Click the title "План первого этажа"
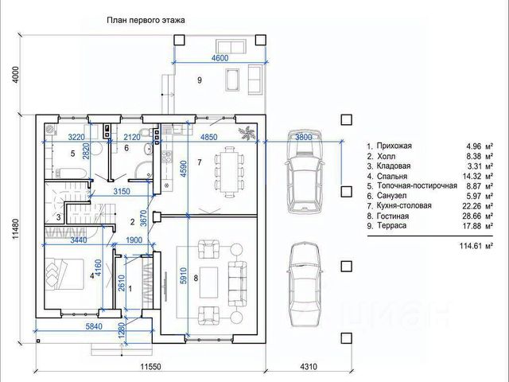[146, 20]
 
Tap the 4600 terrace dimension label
[220, 58]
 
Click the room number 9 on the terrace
[200, 80]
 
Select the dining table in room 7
[229, 172]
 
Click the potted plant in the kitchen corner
[247, 133]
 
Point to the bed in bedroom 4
[64, 273]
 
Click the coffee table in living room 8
[208, 283]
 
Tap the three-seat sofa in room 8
[237, 283]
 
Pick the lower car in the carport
[305, 284]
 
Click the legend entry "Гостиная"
[393, 216]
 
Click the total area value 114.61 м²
[476, 246]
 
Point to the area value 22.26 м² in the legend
[478, 206]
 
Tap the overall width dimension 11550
[150, 367]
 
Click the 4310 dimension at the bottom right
[309, 367]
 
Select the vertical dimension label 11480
[16, 228]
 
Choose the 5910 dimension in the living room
[184, 276]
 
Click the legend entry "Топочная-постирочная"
[417, 186]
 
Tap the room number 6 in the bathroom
[126, 148]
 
